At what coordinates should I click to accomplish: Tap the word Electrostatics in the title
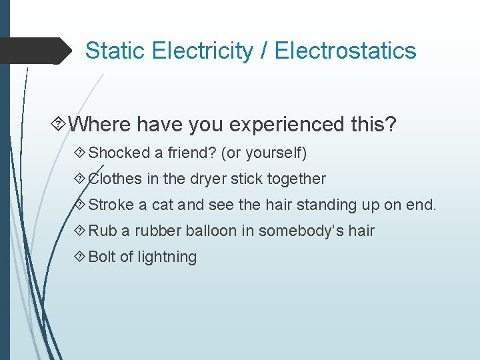click(x=345, y=51)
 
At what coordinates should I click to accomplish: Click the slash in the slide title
click(x=264, y=51)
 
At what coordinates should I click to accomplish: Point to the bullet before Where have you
click(x=58, y=125)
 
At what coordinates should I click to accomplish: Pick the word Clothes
click(x=115, y=179)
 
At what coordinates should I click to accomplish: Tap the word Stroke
click(x=111, y=205)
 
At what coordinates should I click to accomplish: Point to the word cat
click(x=165, y=205)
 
